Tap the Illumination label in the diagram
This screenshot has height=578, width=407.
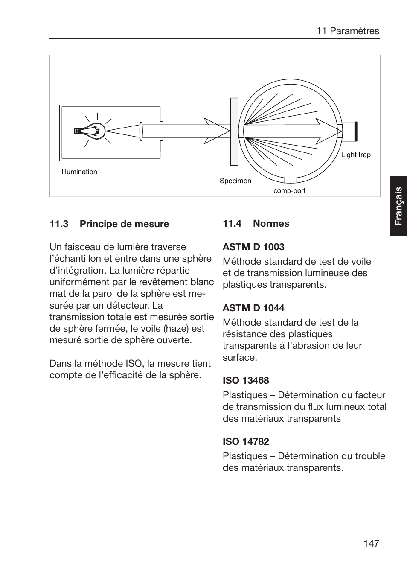79,172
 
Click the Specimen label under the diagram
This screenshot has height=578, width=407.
235,181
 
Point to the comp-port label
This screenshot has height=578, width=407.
289,191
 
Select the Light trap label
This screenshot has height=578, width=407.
356,155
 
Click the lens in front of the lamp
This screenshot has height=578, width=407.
141,131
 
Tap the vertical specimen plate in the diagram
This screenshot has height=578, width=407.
234,131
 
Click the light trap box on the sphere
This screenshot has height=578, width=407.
349,131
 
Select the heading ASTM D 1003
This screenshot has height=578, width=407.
253,247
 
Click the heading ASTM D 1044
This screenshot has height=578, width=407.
253,308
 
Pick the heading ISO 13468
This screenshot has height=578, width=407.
246,381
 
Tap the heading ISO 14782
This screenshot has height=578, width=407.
246,442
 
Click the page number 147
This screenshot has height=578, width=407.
371,544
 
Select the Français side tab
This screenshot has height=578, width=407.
398,206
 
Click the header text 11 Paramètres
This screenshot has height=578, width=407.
348,31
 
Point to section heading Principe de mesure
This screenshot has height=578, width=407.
124,224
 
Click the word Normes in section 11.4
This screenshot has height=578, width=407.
271,224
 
